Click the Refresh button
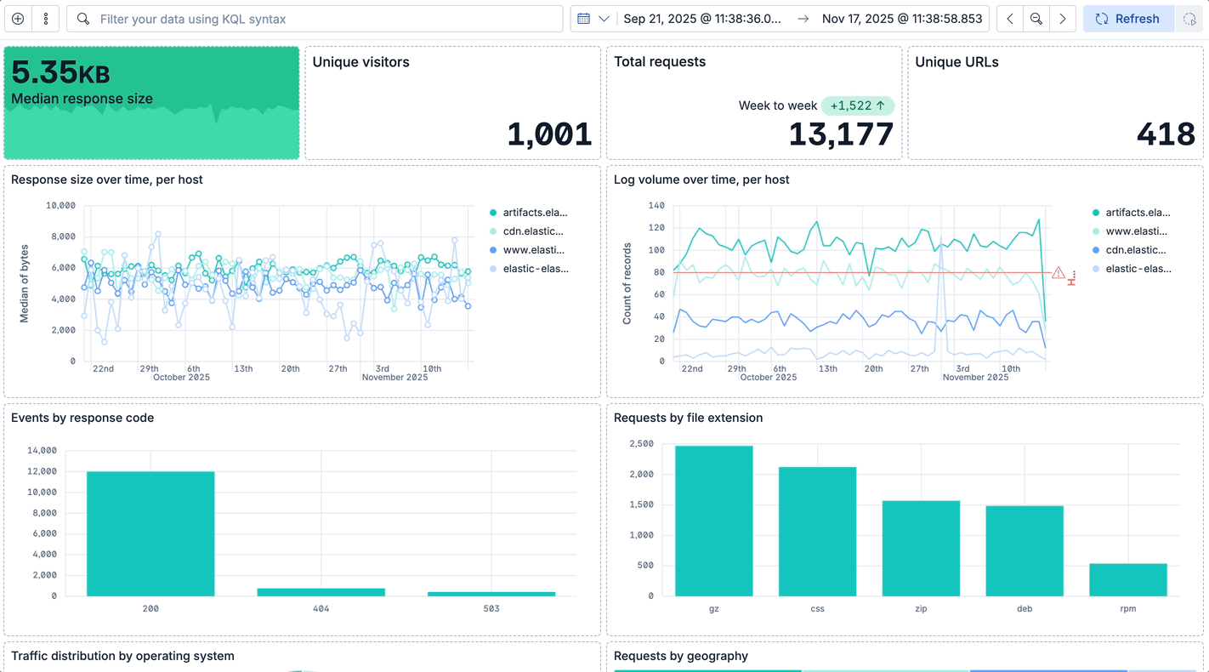click(x=1127, y=19)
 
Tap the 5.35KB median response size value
click(x=60, y=73)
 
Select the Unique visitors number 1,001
click(x=549, y=134)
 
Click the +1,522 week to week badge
click(x=857, y=105)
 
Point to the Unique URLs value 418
click(x=1166, y=134)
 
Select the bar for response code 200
click(x=150, y=533)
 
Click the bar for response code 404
click(x=321, y=591)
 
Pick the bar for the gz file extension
click(x=714, y=521)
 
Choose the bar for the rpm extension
click(x=1128, y=579)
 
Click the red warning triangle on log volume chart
click(x=1058, y=273)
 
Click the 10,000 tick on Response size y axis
click(x=60, y=206)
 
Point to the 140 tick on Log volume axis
click(x=656, y=206)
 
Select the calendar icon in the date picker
click(x=584, y=19)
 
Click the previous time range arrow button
click(x=1010, y=19)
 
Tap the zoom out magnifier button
click(x=1036, y=19)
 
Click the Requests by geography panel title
click(x=681, y=656)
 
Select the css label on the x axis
click(x=817, y=609)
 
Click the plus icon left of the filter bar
click(x=18, y=19)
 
